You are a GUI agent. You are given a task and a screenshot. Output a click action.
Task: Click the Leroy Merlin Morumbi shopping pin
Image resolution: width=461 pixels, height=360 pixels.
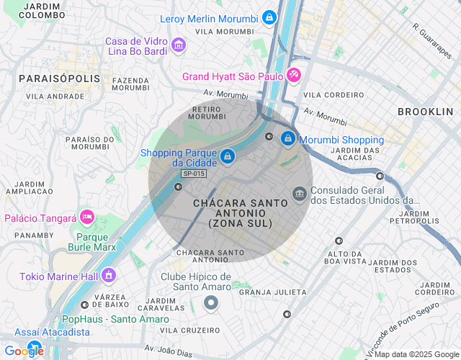pos(269,17)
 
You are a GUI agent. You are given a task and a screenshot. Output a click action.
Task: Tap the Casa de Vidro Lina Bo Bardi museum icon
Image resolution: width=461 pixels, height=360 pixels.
pos(178,46)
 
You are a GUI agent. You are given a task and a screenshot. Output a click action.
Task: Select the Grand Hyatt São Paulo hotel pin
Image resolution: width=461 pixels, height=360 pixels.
pos(294,76)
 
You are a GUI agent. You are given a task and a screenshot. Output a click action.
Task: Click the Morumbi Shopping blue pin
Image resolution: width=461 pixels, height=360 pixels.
pos(287,138)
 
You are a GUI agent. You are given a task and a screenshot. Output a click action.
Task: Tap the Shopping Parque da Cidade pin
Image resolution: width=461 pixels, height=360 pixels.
pos(228,156)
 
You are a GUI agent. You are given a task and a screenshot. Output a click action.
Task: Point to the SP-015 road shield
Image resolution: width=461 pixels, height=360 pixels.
pos(194,174)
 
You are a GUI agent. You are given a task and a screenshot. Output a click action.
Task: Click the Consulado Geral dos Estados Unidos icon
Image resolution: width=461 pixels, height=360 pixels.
pos(299,194)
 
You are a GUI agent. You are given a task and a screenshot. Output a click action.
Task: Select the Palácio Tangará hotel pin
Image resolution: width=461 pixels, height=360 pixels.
pos(87,217)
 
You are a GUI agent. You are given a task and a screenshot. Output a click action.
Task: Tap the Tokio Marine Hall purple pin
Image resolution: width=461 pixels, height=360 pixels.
pos(109,274)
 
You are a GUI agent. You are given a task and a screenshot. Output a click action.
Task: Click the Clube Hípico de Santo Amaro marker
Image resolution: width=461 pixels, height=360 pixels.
pos(210,303)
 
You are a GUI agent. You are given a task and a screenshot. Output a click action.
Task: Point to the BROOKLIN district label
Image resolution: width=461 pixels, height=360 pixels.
pos(425,112)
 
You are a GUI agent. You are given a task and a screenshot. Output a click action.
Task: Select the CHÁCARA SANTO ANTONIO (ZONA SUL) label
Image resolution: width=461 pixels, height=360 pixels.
pos(240,214)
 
